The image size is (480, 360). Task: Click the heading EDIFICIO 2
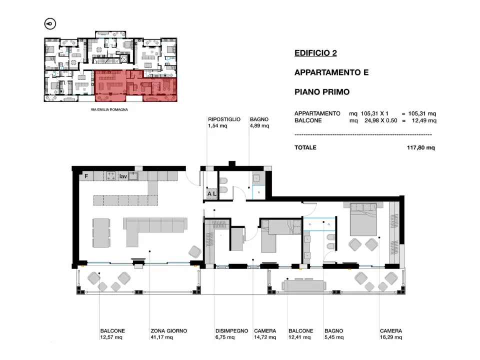tap(315, 52)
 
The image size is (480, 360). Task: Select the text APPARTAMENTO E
tap(331, 72)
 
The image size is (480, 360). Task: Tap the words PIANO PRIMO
tap(322, 92)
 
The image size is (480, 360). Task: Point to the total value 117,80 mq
tap(421, 148)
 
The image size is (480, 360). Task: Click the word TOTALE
tap(305, 148)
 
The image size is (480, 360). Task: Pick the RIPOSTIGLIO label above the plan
tap(224, 119)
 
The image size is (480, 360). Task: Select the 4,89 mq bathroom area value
tap(259, 126)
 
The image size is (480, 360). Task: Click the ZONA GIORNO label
tap(168, 331)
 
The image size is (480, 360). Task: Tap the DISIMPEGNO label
tap(231, 331)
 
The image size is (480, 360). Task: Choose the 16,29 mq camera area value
tap(391, 337)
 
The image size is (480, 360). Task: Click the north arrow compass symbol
tap(50, 23)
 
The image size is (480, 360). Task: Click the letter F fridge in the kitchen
tap(86, 176)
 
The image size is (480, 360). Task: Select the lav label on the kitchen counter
tap(122, 176)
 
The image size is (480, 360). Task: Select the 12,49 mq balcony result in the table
tap(424, 120)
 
